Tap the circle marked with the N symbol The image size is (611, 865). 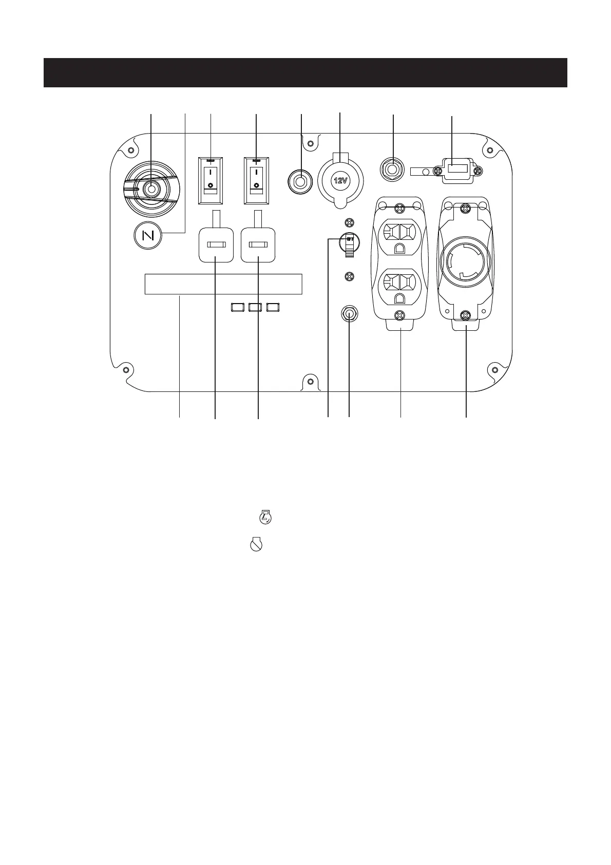coord(147,237)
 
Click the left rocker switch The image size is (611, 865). coord(211,182)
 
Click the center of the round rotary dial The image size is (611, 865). coord(151,189)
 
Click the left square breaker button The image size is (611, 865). coord(216,246)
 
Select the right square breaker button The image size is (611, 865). coord(258,246)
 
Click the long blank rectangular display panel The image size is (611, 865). coord(223,284)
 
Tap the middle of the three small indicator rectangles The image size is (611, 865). coord(255,307)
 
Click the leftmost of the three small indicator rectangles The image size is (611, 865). coord(238,307)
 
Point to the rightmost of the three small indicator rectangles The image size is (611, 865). coord(273,307)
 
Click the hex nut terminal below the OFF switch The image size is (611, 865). coord(349,313)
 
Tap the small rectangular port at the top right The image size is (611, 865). coord(456,168)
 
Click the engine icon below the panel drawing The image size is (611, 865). coord(265,517)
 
